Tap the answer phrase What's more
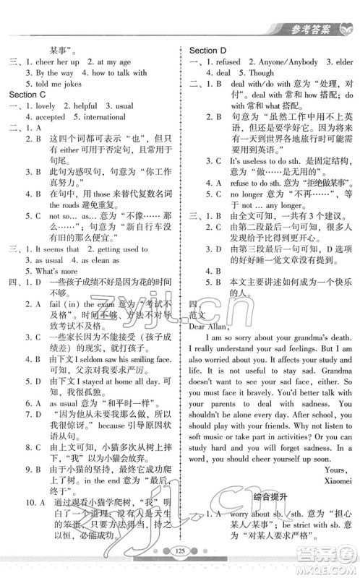[52, 261]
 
